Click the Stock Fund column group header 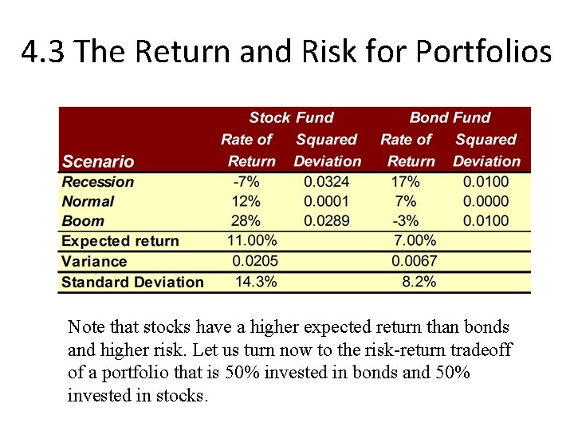(291, 118)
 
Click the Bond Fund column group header (450, 118)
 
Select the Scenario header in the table (98, 161)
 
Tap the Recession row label (98, 182)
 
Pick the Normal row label (88, 202)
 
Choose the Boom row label (83, 221)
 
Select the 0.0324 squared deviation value (326, 182)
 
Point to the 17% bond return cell (405, 182)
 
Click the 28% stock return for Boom (246, 221)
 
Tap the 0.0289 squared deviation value (326, 221)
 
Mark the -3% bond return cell (405, 221)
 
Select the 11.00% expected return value (252, 240)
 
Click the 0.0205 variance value (254, 261)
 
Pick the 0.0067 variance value (414, 261)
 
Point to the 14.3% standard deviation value (256, 282)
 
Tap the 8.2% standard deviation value (419, 282)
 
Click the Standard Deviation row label (132, 282)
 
